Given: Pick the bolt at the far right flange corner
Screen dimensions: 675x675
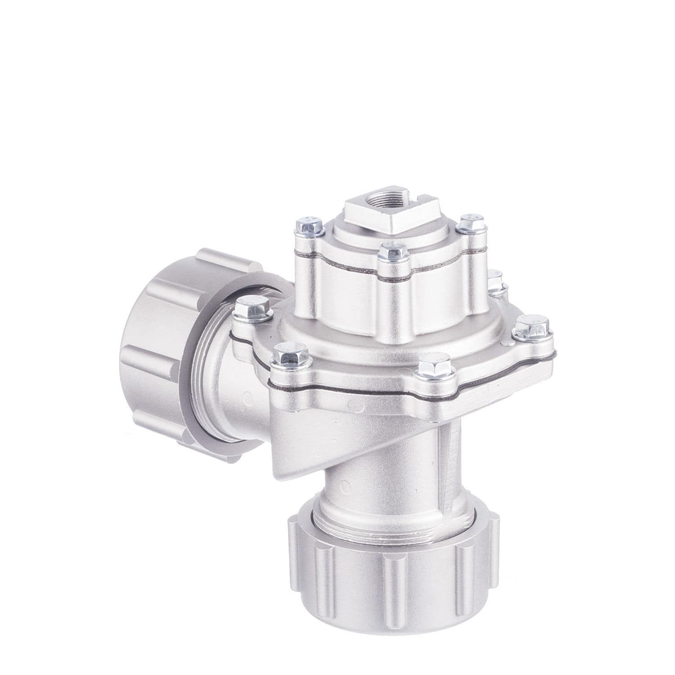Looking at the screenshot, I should coord(532,326).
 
